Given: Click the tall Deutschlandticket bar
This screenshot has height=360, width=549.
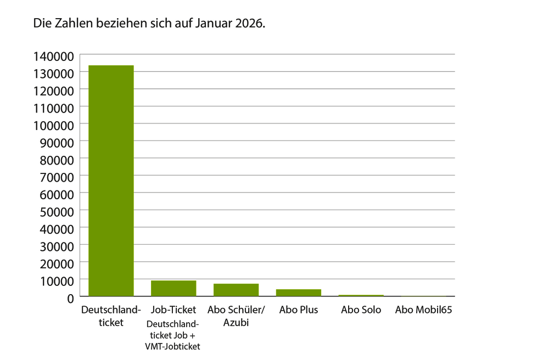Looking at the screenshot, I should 111,181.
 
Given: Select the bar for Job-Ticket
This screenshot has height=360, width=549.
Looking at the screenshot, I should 173,289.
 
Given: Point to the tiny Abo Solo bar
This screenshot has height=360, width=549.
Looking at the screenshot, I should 361,296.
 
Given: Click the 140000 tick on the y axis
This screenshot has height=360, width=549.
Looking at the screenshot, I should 53,55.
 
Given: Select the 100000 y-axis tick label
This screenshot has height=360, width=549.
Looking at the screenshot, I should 53,125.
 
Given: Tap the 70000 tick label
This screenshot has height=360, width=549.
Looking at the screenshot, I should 57,177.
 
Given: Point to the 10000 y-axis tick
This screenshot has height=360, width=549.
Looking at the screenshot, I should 57,280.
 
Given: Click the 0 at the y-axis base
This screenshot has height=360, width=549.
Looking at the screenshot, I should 70,298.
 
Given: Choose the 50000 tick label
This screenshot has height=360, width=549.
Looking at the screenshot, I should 57,211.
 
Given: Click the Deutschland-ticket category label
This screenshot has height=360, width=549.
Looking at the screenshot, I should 111,316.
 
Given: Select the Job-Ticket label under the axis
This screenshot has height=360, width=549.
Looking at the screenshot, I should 173,310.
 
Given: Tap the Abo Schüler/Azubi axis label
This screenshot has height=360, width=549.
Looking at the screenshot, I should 236,316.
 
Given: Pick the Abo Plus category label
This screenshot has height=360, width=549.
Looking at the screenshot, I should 299,310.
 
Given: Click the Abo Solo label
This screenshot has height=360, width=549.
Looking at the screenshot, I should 361,310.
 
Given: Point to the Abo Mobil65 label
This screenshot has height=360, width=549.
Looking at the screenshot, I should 423,310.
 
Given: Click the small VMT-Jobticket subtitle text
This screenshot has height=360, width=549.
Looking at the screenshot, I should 173,346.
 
